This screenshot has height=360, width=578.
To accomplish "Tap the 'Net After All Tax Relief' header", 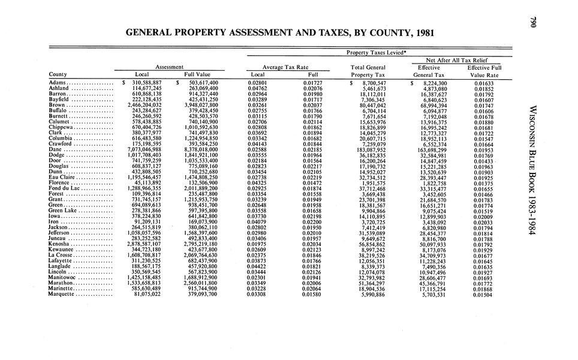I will pos(462,60).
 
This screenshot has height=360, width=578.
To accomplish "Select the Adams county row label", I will pos(58,82).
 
